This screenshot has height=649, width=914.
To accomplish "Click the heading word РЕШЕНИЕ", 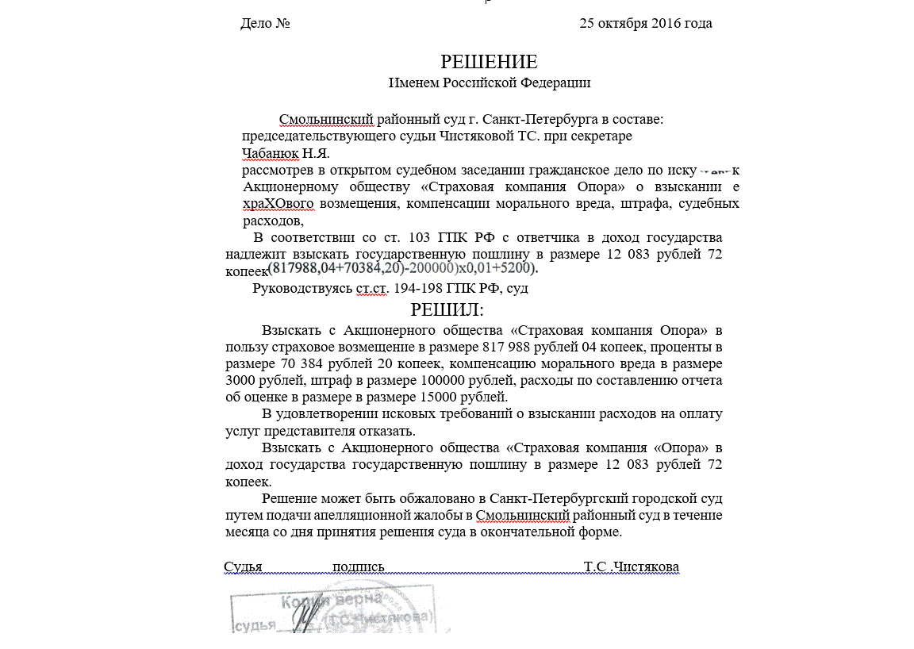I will [489, 62].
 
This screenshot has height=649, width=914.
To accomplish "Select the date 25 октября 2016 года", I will [645, 23].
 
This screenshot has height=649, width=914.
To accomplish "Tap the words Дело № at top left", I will [265, 23].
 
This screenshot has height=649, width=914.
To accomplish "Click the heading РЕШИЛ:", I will [447, 309].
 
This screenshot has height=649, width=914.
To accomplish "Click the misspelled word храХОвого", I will [278, 204].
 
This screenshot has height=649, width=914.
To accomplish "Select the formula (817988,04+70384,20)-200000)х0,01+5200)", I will [402, 268].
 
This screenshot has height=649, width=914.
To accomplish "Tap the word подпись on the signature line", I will [359, 566].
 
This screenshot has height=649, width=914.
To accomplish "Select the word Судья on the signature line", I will [243, 566].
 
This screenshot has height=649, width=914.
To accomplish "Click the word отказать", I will [388, 431].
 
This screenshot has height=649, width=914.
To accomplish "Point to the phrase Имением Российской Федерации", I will [489, 83].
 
